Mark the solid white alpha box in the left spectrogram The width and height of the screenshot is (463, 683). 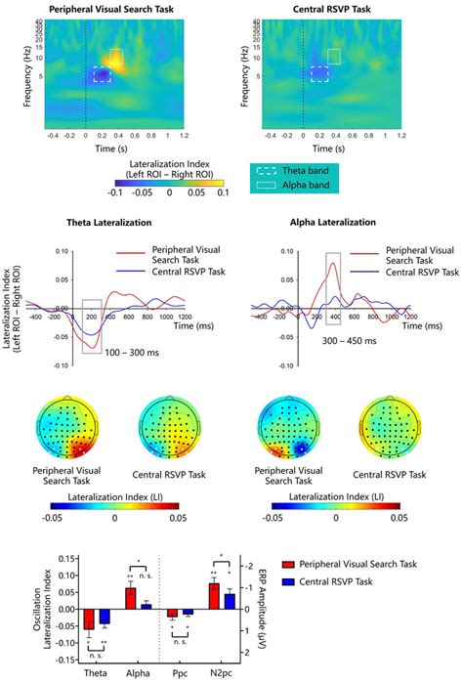(116, 60)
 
